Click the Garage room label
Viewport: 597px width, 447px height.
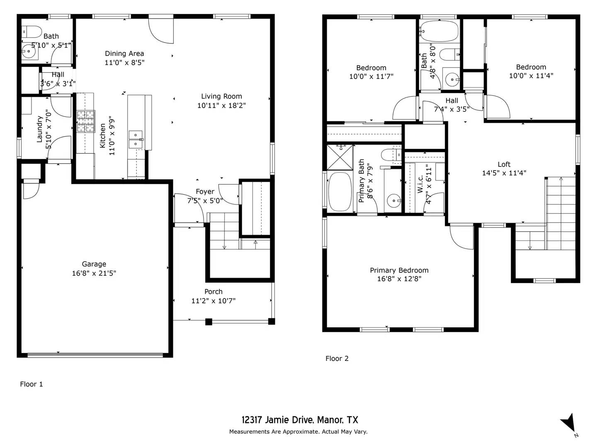point(94,264)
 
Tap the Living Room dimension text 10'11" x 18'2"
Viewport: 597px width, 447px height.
point(221,106)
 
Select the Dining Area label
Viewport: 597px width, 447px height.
point(124,53)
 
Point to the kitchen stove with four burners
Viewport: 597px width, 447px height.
point(85,121)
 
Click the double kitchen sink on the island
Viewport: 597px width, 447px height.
point(136,139)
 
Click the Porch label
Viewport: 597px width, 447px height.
point(213,292)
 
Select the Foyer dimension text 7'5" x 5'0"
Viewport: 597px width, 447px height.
point(205,201)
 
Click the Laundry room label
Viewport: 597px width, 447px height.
point(40,129)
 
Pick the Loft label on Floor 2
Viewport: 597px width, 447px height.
point(504,164)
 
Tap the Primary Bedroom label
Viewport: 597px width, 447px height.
point(399,270)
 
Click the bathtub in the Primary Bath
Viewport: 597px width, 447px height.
point(340,192)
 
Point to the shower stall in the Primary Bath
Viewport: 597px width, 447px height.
point(340,157)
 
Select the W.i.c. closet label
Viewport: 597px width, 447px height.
point(420,184)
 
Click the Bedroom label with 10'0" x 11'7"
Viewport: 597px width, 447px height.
point(371,68)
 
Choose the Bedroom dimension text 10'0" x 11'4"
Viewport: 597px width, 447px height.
point(531,76)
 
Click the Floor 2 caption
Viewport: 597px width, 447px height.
point(337,358)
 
